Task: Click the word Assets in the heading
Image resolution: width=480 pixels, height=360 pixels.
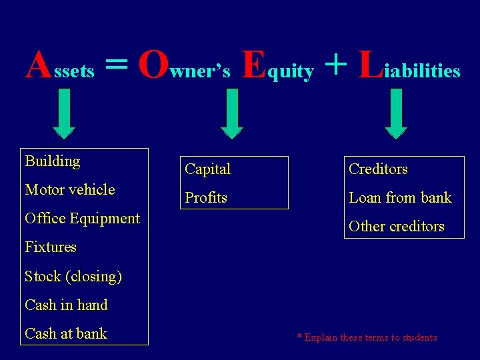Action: point(60,66)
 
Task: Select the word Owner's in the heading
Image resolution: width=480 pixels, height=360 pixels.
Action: point(184,66)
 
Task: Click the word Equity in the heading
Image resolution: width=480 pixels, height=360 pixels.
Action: point(277,66)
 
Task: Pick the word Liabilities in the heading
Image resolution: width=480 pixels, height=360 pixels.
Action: point(409,66)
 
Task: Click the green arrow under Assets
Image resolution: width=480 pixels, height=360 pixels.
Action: point(63,113)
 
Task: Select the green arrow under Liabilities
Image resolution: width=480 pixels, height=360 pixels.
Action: point(397,113)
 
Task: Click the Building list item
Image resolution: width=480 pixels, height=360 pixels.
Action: point(53,161)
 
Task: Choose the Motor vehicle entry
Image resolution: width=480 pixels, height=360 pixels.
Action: point(70,190)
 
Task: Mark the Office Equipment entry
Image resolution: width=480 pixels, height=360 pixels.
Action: point(82,219)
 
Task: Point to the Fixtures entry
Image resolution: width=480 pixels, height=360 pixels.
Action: point(51,247)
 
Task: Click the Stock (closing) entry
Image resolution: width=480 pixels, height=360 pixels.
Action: point(73,277)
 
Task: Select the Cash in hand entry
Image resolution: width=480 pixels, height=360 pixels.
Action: point(66,305)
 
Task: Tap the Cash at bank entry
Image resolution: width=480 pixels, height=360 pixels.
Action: point(66,334)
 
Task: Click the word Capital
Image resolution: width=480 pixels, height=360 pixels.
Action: point(208,169)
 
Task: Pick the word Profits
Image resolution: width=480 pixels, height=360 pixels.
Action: point(206,198)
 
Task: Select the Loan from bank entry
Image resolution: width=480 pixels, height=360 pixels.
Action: point(400,198)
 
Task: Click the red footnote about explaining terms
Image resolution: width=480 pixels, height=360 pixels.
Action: point(367,337)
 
